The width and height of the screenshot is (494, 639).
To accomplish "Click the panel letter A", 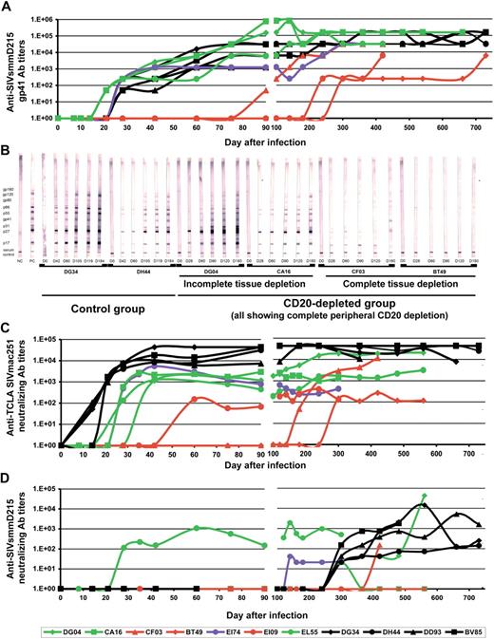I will (7, 7).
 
